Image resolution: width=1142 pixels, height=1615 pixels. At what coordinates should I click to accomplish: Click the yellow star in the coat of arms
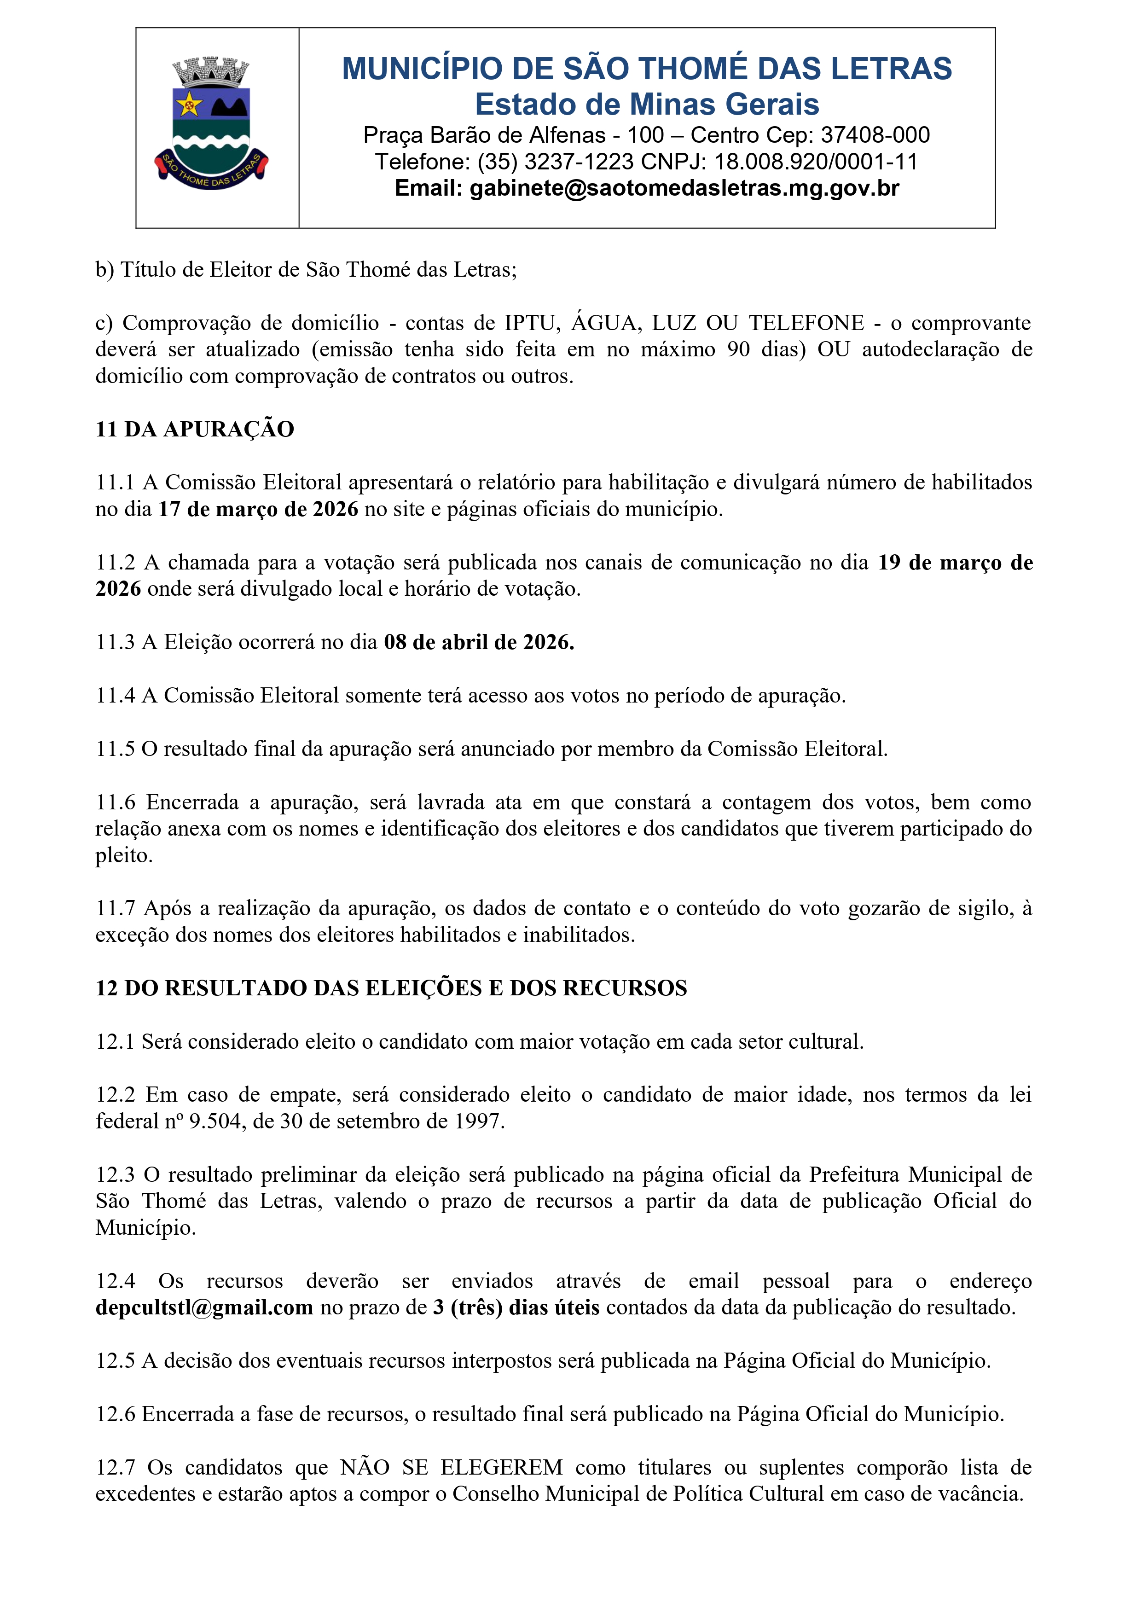click(188, 105)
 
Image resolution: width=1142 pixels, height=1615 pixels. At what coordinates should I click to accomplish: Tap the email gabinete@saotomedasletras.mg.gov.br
click(684, 188)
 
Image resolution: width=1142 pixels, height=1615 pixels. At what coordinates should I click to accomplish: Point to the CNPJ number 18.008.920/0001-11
click(816, 162)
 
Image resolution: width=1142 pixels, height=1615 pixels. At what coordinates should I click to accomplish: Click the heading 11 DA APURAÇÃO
click(195, 429)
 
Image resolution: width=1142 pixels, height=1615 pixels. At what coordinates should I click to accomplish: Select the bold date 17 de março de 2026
click(258, 509)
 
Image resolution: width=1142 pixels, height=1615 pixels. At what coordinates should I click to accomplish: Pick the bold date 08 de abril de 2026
click(479, 642)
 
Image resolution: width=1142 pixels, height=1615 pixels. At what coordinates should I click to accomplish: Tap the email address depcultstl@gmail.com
click(204, 1307)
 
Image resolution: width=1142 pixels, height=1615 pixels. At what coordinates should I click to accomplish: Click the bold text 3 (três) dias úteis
click(516, 1307)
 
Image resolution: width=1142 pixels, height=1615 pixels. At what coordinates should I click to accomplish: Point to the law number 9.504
click(214, 1121)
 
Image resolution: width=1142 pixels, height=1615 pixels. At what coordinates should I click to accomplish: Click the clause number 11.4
click(116, 696)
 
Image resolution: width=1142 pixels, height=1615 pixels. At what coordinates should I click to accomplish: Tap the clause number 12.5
click(116, 1360)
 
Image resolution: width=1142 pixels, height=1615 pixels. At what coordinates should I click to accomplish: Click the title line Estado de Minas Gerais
click(647, 104)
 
